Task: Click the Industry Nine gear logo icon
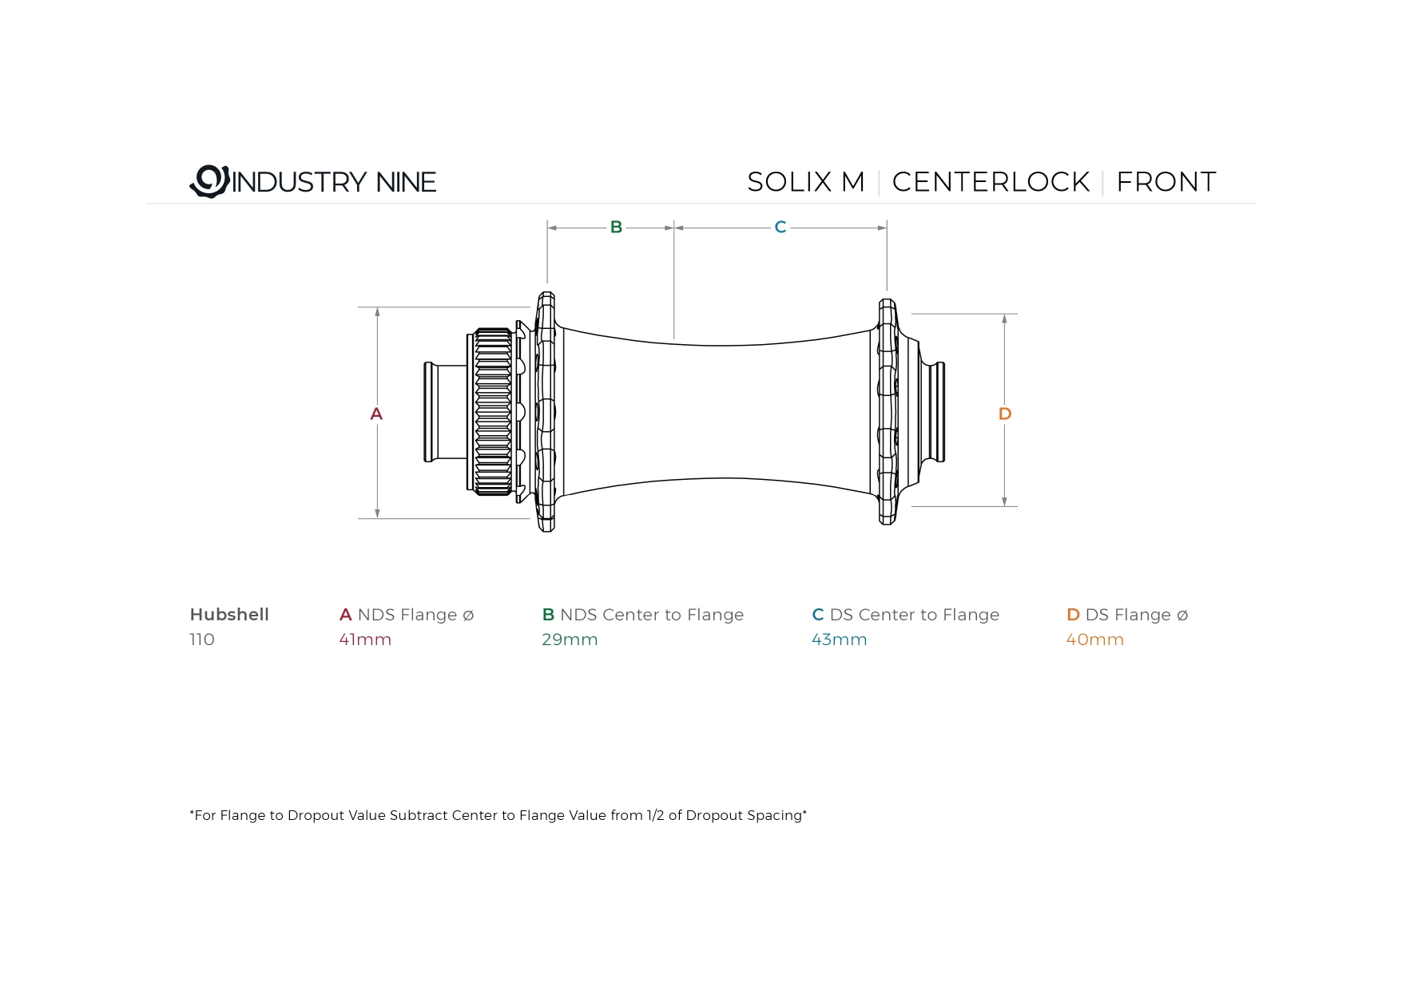pyautogui.click(x=209, y=181)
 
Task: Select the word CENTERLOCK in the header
pyautogui.click(x=991, y=182)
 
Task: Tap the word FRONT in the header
pyautogui.click(x=1166, y=182)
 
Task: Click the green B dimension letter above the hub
pyautogui.click(x=616, y=228)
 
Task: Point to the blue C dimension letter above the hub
pyautogui.click(x=780, y=228)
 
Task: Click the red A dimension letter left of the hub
pyautogui.click(x=376, y=414)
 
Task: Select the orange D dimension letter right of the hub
pyautogui.click(x=1005, y=414)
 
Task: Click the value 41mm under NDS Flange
pyautogui.click(x=365, y=640)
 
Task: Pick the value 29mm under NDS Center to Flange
pyautogui.click(x=570, y=640)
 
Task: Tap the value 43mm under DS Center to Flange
pyautogui.click(x=840, y=640)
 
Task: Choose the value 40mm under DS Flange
pyautogui.click(x=1095, y=640)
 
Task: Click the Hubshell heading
pyautogui.click(x=229, y=615)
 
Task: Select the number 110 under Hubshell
pyautogui.click(x=202, y=640)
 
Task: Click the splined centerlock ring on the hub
pyautogui.click(x=493, y=412)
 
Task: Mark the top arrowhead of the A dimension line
pyautogui.click(x=377, y=312)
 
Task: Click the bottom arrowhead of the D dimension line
pyautogui.click(x=1004, y=501)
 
